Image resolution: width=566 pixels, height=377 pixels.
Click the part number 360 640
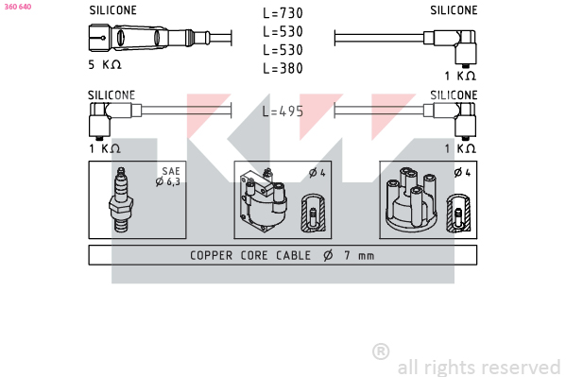pos(18,7)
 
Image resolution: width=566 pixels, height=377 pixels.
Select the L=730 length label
pos(283,13)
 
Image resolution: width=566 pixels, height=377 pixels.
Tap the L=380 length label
pos(283,68)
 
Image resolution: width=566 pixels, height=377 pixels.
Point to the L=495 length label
pos(283,111)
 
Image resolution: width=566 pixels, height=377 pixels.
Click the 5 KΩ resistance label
pos(105,64)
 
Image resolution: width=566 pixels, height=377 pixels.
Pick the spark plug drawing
pos(121,199)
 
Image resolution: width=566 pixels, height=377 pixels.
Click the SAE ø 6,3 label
pos(168,177)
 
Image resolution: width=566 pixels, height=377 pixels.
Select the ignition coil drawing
pos(263,200)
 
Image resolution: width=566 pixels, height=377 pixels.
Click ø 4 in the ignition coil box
pos(317,173)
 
